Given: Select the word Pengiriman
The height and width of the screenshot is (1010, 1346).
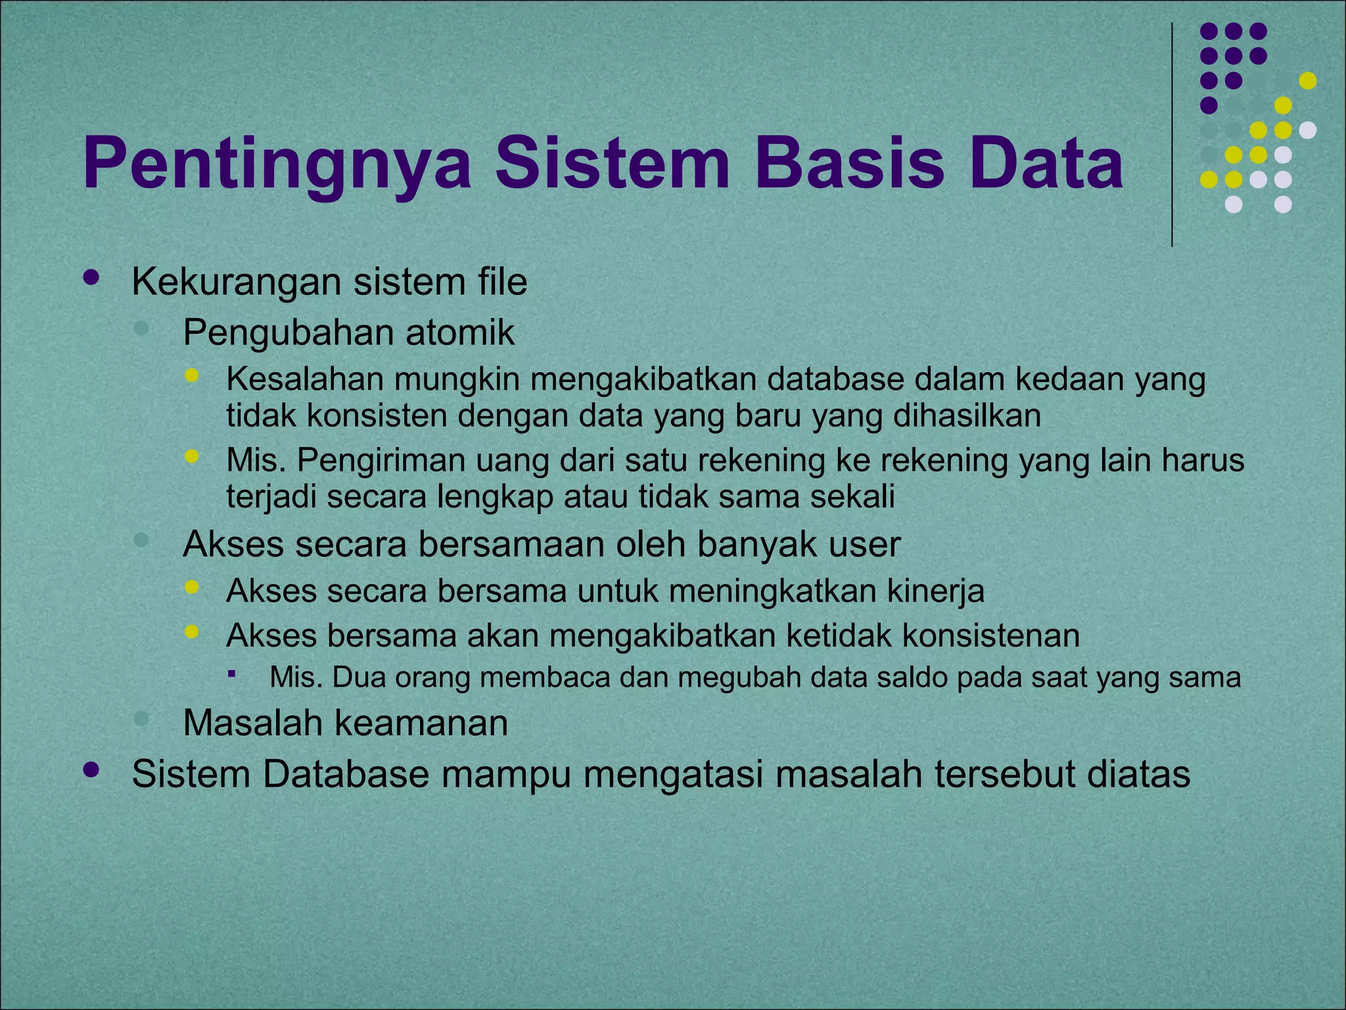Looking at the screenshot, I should [x=381, y=460].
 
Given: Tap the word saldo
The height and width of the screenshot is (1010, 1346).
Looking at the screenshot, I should [x=910, y=678].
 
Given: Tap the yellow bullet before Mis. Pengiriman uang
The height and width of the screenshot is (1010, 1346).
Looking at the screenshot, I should [x=191, y=456].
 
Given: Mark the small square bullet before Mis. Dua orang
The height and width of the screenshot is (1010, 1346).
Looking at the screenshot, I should [x=231, y=673].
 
